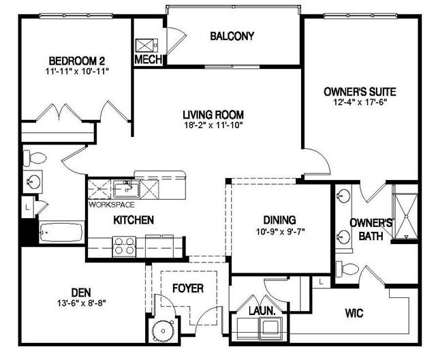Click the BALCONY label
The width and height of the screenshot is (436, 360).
click(x=232, y=36)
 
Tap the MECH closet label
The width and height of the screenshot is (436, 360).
click(x=149, y=59)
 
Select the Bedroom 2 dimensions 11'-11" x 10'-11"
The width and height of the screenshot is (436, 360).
click(x=77, y=72)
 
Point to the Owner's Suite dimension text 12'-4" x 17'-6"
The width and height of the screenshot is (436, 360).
click(x=360, y=102)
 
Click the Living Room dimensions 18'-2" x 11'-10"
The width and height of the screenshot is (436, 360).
click(x=213, y=125)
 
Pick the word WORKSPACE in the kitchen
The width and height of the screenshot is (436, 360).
click(x=112, y=205)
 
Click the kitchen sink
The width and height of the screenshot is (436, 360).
click(x=126, y=189)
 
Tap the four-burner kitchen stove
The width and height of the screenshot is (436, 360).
click(x=124, y=246)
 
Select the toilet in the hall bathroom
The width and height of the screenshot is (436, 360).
click(x=34, y=158)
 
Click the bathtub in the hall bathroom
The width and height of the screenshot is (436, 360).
click(x=61, y=232)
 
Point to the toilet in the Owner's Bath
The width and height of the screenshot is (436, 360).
click(x=347, y=269)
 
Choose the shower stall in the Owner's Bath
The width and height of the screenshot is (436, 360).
click(x=406, y=216)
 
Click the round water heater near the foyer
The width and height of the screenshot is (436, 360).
click(x=163, y=331)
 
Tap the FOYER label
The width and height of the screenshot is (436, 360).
click(x=188, y=288)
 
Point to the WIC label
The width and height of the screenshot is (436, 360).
click(x=354, y=313)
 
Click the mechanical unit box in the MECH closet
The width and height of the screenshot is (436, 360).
click(x=147, y=46)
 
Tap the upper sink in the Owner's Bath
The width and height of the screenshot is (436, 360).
click(x=343, y=195)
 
